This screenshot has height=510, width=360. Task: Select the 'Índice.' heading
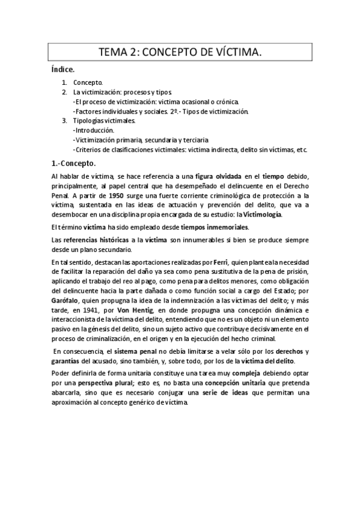point(63,70)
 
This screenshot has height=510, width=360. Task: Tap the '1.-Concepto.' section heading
point(74,162)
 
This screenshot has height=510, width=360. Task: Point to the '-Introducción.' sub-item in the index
point(93,130)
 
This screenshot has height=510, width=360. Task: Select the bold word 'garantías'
point(68,361)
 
